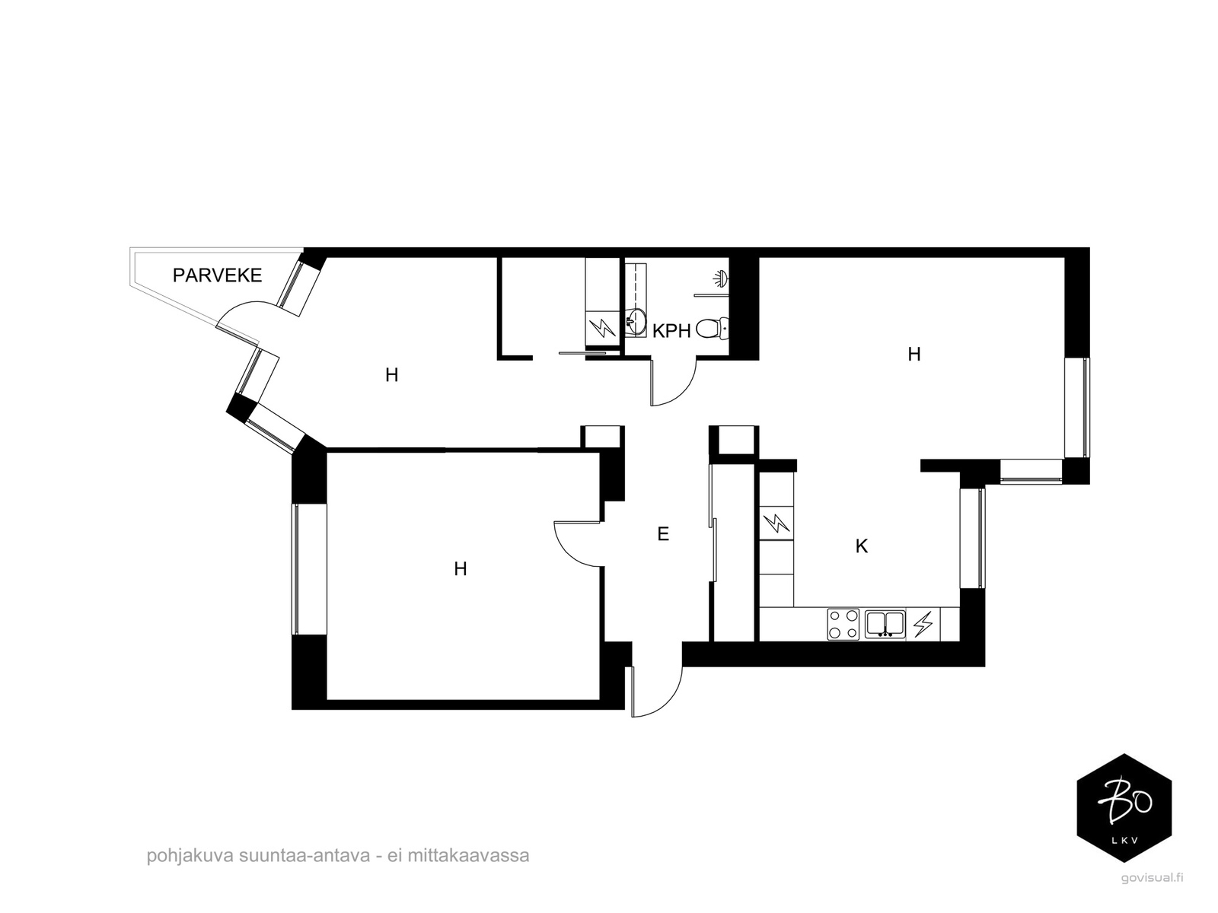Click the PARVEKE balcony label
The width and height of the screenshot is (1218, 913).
tap(217, 275)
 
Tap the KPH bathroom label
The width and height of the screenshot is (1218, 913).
tap(671, 332)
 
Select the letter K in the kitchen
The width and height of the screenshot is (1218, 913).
tap(861, 546)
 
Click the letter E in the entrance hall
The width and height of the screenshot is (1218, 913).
tap(663, 534)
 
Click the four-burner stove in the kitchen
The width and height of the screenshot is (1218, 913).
tap(843, 624)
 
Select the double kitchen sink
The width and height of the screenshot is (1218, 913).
tap(885, 624)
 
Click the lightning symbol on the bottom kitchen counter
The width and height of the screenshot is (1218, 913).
tap(922, 625)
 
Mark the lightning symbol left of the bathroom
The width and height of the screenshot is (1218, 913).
tap(602, 328)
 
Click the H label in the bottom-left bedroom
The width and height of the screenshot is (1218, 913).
tap(460, 569)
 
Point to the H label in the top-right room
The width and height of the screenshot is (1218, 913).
tap(914, 354)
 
